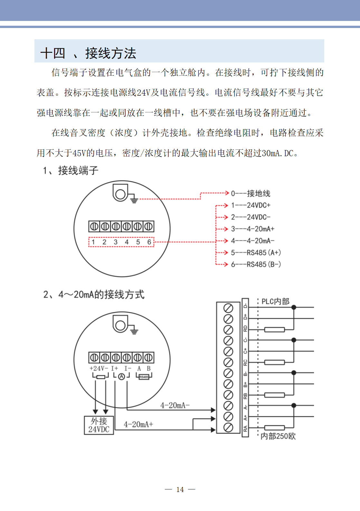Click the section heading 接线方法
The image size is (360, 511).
pos(110,53)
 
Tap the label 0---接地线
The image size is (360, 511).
pos(251,193)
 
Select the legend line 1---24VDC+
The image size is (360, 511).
pos(251,205)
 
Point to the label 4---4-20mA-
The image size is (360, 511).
pos(252,241)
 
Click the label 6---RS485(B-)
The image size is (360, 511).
pos(256,264)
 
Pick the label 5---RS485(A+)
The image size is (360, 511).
pos(256,252)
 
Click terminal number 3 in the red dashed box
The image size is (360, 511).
pos(116,242)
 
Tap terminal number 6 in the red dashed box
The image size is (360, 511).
pos(149,242)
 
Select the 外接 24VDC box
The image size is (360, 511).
pos(99,425)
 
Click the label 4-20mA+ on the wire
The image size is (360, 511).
pos(138,424)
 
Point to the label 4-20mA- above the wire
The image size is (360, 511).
pos(175,405)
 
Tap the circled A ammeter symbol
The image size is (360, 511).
pos(121,376)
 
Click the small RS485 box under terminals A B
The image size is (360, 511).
pos(144,377)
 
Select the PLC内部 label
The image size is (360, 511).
pos(275,301)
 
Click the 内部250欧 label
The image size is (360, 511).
pos(278,436)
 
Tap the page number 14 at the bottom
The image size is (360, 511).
pos(180,489)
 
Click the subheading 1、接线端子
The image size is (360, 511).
pos(71,170)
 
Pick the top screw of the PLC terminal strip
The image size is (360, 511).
pos(228,308)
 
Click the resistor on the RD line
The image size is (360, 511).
pos(274,329)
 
